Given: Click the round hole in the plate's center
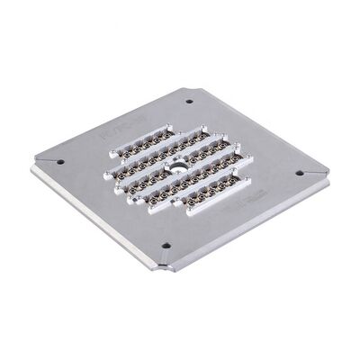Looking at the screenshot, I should (x=181, y=167).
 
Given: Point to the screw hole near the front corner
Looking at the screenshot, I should (x=166, y=246).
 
